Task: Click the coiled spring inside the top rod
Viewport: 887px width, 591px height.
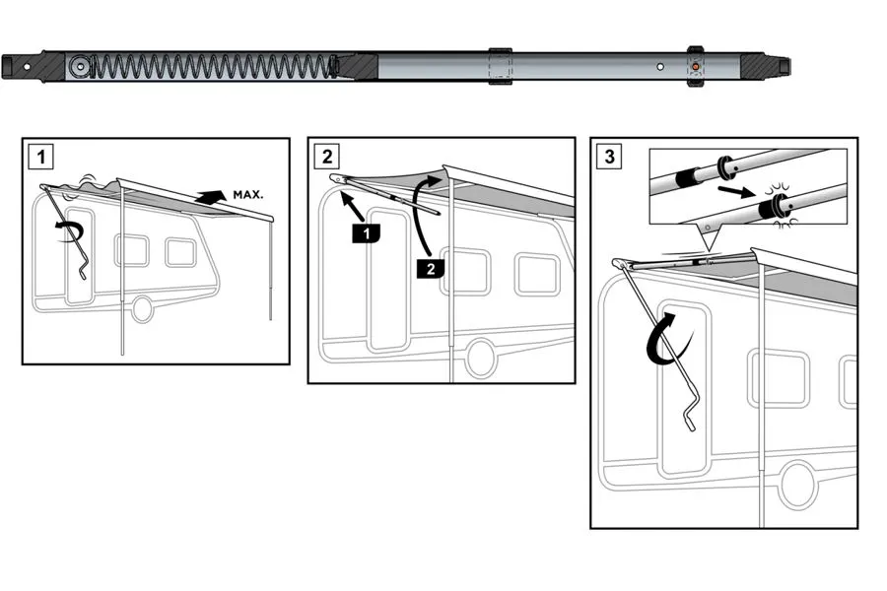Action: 212,67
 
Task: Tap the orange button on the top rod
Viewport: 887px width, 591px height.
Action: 696,67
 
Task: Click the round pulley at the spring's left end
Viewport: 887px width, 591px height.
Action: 80,67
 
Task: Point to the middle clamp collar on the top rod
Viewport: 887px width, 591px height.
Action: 502,66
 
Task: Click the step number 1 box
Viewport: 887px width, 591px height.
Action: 40,156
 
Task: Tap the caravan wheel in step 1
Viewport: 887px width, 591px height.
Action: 143,308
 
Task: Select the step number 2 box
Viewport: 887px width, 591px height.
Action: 326,156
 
